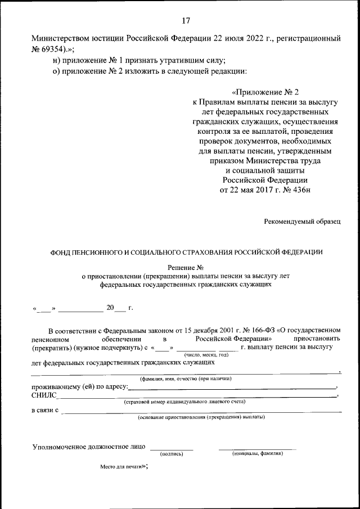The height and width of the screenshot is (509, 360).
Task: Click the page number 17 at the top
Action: click(186, 21)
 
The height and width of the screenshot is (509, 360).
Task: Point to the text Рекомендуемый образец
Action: click(303, 221)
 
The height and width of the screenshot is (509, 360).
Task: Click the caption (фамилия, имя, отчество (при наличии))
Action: click(186, 379)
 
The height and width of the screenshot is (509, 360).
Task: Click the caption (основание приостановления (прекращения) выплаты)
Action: click(201, 417)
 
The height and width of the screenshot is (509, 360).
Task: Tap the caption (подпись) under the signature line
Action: click(172, 453)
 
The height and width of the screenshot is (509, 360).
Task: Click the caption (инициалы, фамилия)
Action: click(257, 453)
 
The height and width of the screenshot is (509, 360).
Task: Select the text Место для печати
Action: click(121, 467)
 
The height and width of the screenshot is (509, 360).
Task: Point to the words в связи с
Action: click(45, 411)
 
